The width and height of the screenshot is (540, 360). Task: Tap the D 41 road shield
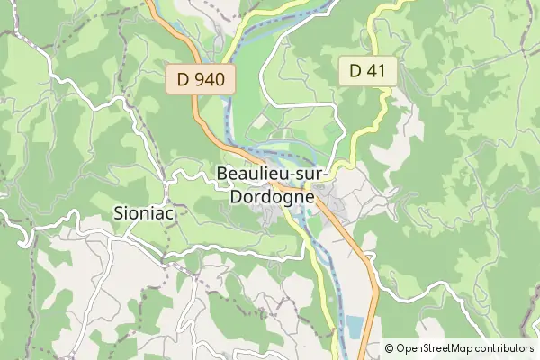pos(368,71)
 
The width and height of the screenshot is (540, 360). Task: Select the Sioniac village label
pos(145,213)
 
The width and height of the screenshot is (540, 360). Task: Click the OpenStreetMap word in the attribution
pos(437,348)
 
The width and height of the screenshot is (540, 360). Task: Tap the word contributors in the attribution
pos(507,348)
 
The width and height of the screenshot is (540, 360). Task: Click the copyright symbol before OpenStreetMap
pos(390,348)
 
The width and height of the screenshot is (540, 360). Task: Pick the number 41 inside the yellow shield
pos(377,71)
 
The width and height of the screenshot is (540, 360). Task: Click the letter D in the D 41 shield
pos(355,71)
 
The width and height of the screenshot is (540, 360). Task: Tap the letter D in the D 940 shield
pos(184,79)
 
